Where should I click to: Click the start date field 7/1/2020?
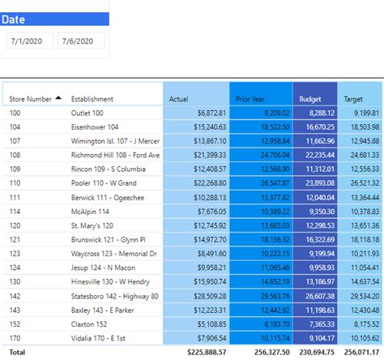[x=31, y=41]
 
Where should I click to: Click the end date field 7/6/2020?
[x=81, y=41]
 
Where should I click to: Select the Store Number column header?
[x=30, y=99]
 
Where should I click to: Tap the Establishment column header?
[x=92, y=99]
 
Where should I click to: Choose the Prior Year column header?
[x=251, y=99]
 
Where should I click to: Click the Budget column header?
[x=310, y=99]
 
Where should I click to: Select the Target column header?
[x=353, y=99]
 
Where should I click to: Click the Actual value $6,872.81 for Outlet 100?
[x=211, y=113]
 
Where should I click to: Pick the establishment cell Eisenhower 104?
[x=95, y=127]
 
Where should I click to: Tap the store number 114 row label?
[x=15, y=211]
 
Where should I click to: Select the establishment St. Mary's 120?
[x=92, y=225]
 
